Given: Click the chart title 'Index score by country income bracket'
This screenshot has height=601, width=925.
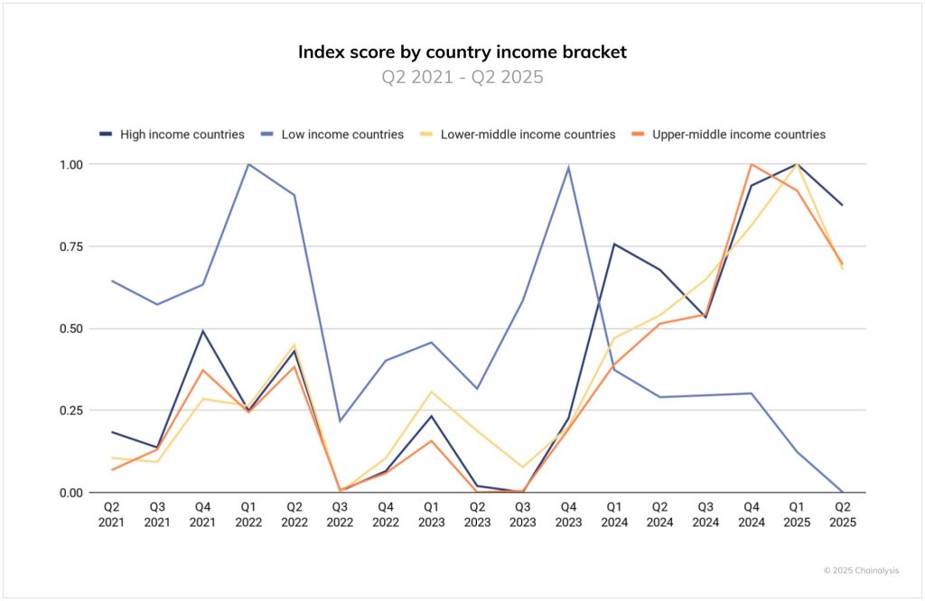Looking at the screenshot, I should point(462,51).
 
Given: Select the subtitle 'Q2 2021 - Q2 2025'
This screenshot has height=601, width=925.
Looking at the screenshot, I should point(462,77).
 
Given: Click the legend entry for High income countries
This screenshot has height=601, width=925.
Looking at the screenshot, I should point(172,134).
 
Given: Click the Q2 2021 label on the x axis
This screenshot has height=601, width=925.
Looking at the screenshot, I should point(110,514).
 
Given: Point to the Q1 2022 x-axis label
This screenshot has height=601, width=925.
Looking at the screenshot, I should point(248,514).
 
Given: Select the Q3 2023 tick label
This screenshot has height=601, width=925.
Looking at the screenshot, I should point(522,514).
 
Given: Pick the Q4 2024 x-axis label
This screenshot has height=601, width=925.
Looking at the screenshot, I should point(751,514).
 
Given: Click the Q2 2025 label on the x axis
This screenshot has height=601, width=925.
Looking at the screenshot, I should point(843,514).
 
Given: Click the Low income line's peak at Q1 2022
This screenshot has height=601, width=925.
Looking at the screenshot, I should point(248,164).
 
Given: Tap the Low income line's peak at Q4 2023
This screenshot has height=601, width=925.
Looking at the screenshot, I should point(568,167).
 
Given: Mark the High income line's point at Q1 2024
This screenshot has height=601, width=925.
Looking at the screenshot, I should point(614,245).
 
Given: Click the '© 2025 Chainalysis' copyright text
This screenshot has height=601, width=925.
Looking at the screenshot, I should point(861,570).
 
